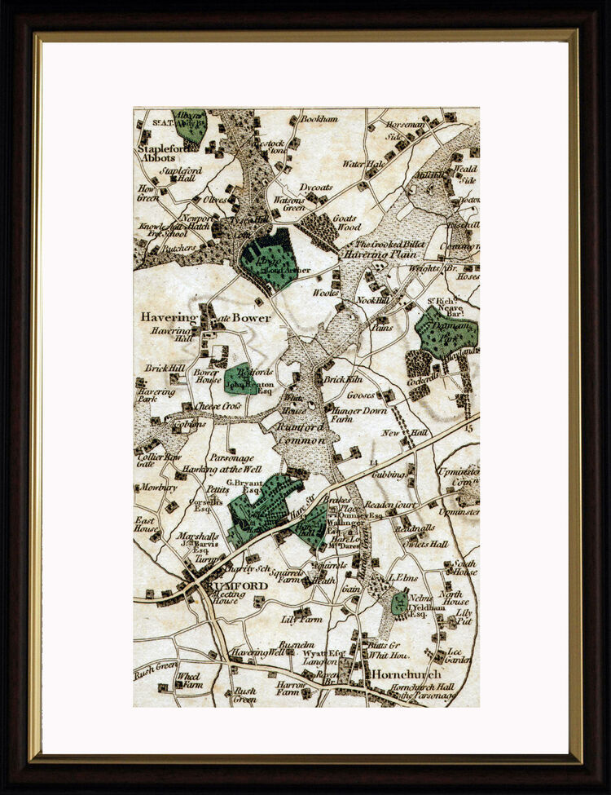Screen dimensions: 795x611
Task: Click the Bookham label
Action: tap(319, 119)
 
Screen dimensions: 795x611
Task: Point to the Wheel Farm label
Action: tap(188, 680)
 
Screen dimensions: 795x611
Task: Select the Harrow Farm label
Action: tap(290, 690)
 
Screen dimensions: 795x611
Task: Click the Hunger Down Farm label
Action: tap(358, 415)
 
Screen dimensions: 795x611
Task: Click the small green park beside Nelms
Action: tap(398, 604)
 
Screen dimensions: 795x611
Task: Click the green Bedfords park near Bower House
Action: tap(240, 378)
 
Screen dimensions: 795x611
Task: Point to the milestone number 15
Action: tap(468, 427)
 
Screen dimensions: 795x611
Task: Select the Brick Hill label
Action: tap(165, 369)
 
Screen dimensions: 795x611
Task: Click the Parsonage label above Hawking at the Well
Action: tap(231, 458)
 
